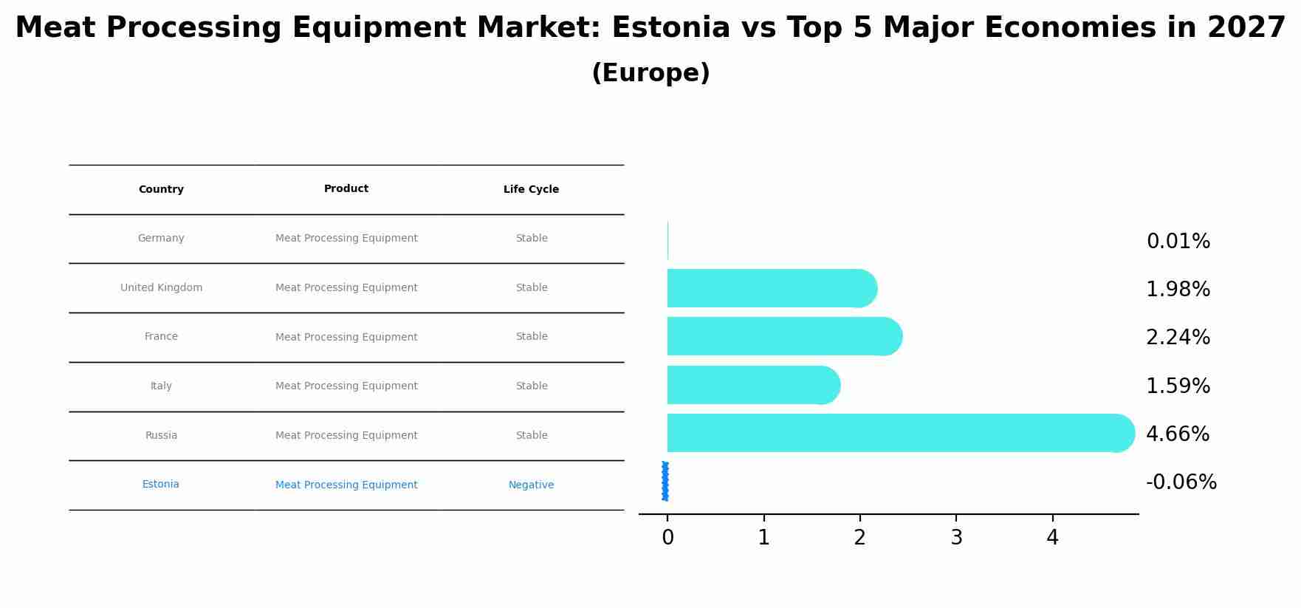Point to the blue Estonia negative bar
(x=665, y=481)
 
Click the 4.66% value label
(x=1177, y=434)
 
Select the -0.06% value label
(x=1181, y=482)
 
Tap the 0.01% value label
(x=1178, y=242)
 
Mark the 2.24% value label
(x=1178, y=338)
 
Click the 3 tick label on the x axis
(x=956, y=538)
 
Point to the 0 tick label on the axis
(x=667, y=538)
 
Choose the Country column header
(x=161, y=190)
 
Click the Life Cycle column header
(x=531, y=190)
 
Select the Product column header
(x=346, y=189)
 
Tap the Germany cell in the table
(x=161, y=239)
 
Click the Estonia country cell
(x=161, y=485)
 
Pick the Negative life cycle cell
(x=531, y=485)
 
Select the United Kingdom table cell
(x=161, y=288)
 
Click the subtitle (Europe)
(x=650, y=73)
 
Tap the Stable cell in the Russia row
(x=532, y=436)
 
